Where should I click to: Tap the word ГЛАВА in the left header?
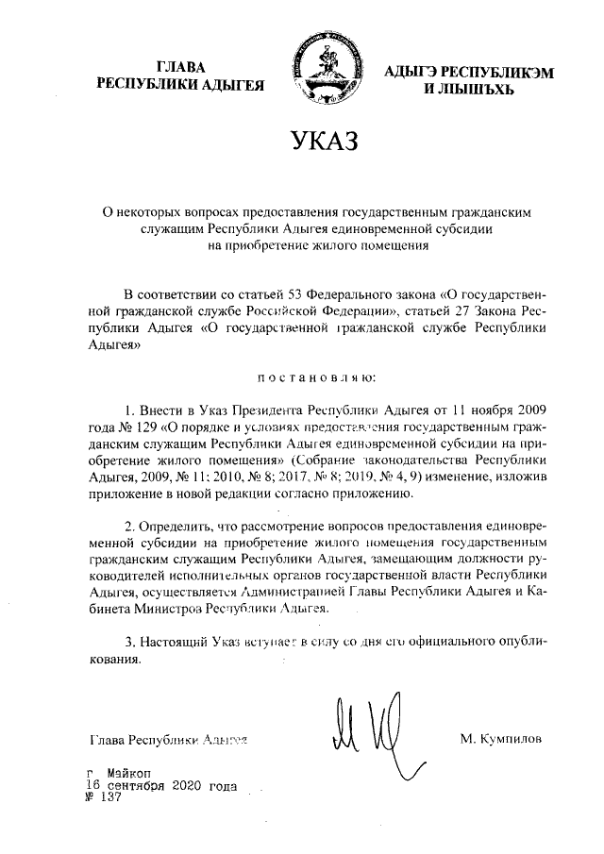[x=181, y=67]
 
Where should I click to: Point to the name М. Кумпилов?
[x=502, y=737]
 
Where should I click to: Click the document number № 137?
[x=105, y=795]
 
